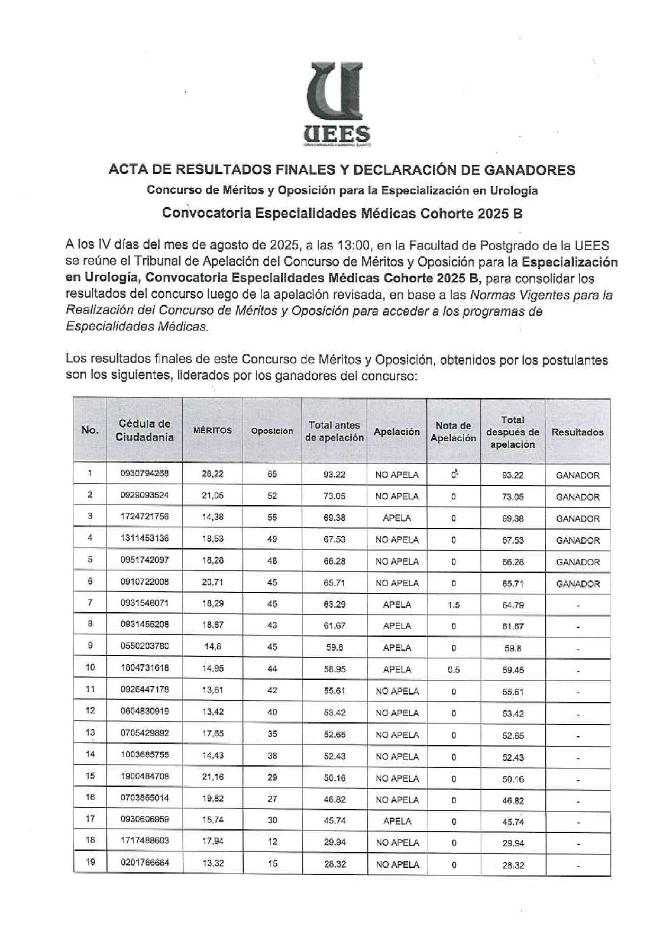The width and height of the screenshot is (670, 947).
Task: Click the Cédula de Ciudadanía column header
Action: coord(144,430)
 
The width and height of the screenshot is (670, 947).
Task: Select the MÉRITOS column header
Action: coord(212,430)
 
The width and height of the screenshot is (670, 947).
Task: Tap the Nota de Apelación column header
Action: coord(453,431)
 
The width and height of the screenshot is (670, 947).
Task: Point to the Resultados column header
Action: coord(577,432)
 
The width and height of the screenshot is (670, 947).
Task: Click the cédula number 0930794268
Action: coord(144,473)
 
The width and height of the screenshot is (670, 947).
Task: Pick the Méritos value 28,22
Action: coord(212,473)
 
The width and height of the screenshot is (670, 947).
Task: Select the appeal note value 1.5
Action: coord(453,605)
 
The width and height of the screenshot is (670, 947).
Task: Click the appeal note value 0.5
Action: coord(453,670)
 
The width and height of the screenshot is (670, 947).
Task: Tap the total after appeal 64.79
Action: coord(512,605)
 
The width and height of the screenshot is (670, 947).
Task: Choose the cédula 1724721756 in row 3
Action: coord(144,517)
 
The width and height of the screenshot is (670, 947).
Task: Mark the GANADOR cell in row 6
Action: coord(577,584)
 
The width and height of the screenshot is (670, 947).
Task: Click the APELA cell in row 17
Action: coord(396,821)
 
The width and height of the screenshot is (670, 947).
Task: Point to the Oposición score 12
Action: coord(272,843)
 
